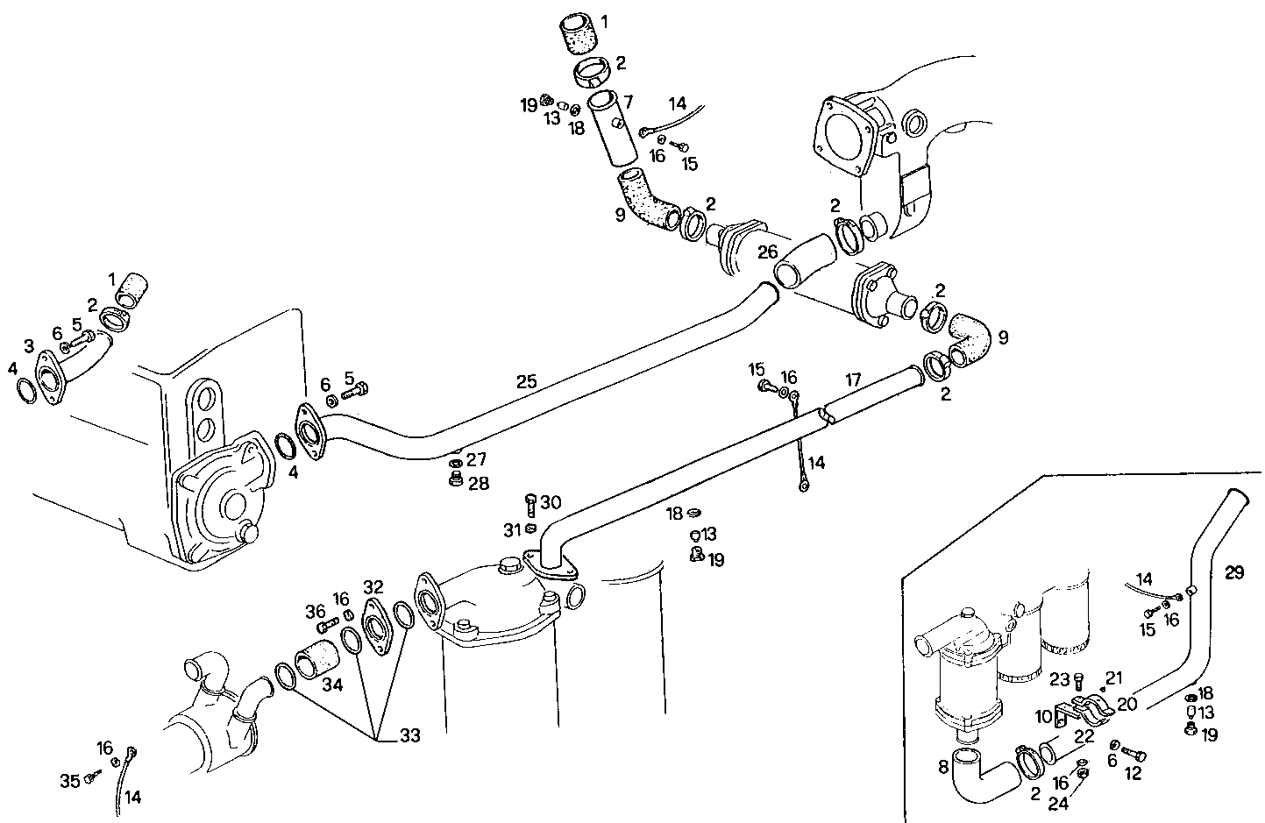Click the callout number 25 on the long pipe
526,381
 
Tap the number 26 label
768,252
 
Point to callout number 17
853,380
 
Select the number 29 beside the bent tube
1234,572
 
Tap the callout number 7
628,103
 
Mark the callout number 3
29,347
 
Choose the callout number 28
478,483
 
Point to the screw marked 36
328,626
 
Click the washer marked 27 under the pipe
455,462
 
